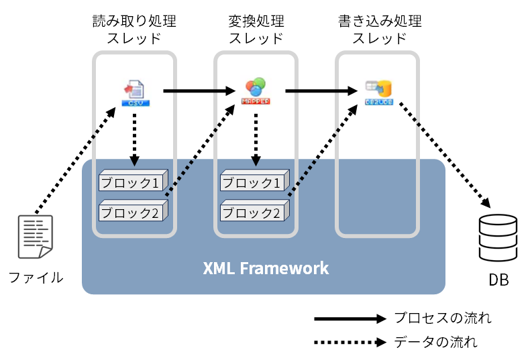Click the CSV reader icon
pyautogui.click(x=135, y=93)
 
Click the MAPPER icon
pyautogui.click(x=256, y=92)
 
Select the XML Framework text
pyautogui.click(x=266, y=269)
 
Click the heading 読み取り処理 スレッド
pyautogui.click(x=134, y=29)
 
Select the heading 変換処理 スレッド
pyautogui.click(x=256, y=29)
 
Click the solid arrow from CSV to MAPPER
pyautogui.click(x=198, y=90)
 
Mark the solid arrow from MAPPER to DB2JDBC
pyautogui.click(x=319, y=90)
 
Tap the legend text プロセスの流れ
pyautogui.click(x=442, y=318)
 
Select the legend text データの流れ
pyautogui.click(x=435, y=343)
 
